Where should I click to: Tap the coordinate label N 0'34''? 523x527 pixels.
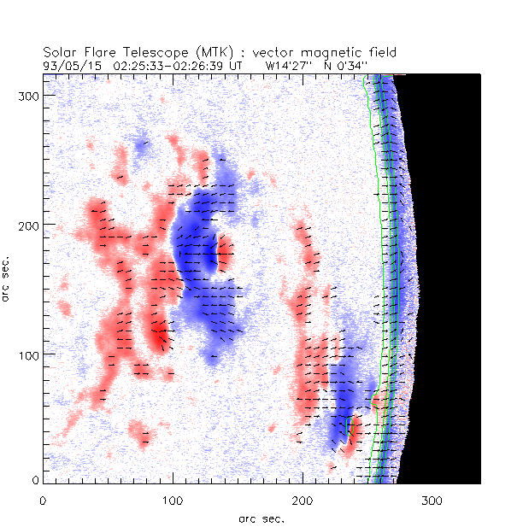(x=344, y=65)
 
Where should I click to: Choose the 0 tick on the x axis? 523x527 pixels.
(x=43, y=500)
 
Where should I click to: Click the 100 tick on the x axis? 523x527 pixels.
(x=173, y=500)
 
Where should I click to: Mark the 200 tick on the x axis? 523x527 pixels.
(x=303, y=500)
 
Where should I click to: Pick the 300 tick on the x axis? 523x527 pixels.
(x=432, y=500)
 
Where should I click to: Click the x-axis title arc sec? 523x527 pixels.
(x=261, y=518)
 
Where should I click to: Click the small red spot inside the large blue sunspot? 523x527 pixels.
(x=225, y=253)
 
